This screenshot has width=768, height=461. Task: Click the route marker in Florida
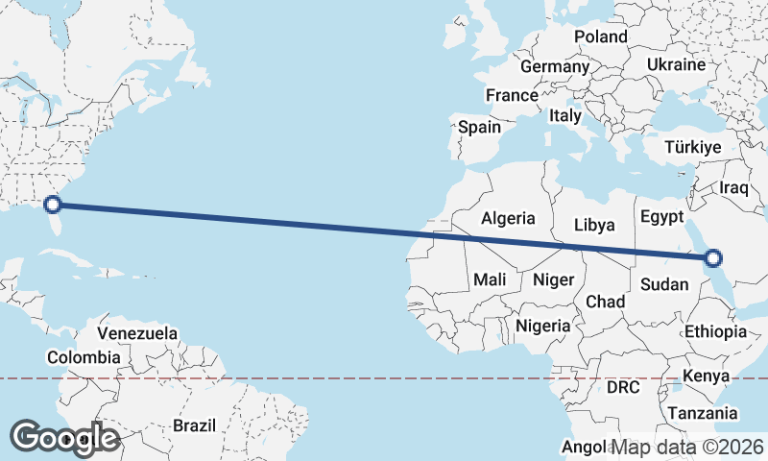click(x=54, y=204)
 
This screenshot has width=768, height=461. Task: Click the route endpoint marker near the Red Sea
click(x=712, y=257)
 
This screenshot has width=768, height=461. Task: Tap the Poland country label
click(x=600, y=36)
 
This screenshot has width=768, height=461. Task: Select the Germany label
click(x=554, y=67)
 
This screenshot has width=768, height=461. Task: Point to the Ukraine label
click(x=676, y=64)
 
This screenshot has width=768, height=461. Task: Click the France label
click(x=512, y=96)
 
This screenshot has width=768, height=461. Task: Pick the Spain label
click(x=479, y=127)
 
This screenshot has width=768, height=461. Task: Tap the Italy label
click(x=565, y=115)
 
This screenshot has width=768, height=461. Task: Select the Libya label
click(x=593, y=225)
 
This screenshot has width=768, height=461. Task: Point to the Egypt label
click(x=660, y=215)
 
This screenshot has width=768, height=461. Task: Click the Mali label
click(x=490, y=280)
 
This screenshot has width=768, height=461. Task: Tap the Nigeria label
click(x=543, y=326)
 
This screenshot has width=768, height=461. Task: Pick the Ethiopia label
click(x=715, y=331)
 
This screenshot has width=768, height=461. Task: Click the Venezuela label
click(x=138, y=333)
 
